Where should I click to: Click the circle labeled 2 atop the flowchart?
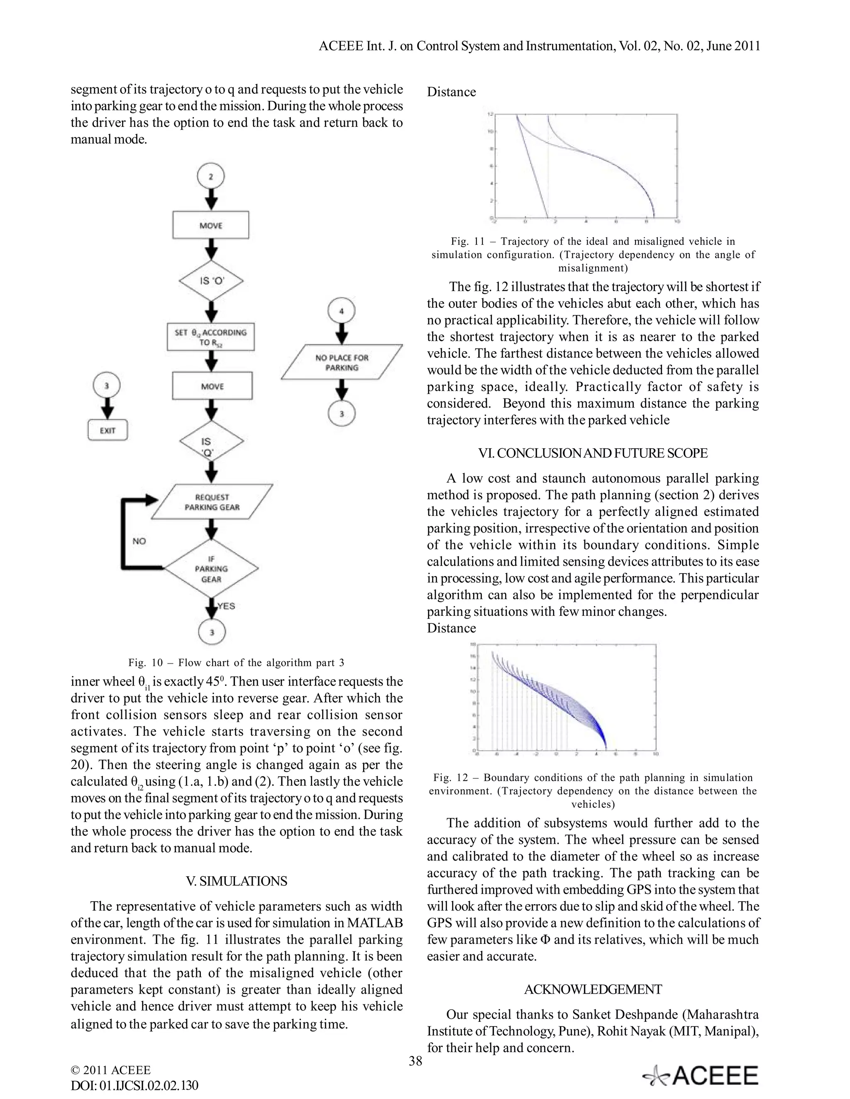[210, 177]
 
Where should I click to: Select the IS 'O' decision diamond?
[211, 281]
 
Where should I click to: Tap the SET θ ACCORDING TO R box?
[210, 337]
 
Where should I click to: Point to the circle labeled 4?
[342, 311]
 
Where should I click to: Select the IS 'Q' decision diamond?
[211, 442]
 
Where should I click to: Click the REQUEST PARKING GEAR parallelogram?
[212, 502]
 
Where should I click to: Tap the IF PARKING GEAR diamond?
[212, 569]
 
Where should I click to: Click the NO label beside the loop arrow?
[139, 541]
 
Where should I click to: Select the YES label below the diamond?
[226, 606]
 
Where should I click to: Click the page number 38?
[415, 1061]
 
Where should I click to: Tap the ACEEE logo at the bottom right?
[701, 1076]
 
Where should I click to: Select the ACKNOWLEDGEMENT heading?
[593, 989]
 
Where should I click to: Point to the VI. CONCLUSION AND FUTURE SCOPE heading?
[593, 453]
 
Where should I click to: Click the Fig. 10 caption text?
[236, 662]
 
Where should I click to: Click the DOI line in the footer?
[134, 1085]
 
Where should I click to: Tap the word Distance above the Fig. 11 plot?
[451, 92]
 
